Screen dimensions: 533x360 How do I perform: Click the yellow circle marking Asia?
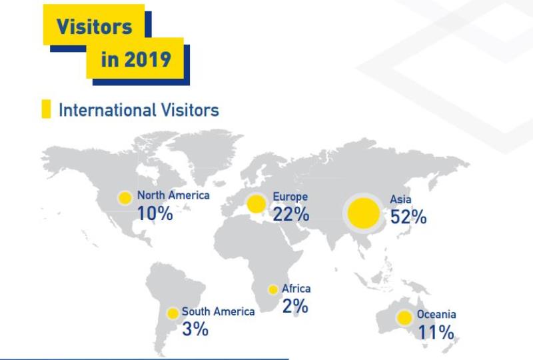(363, 213)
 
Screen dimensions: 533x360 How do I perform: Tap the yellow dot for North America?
(125, 198)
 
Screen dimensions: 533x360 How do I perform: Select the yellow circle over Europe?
(256, 204)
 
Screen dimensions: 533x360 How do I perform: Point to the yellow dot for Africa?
(273, 289)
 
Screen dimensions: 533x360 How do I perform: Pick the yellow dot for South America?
(173, 313)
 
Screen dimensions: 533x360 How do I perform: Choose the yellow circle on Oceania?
(404, 318)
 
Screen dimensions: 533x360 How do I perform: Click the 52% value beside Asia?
(408, 217)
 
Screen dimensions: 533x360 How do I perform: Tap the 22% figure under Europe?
(291, 214)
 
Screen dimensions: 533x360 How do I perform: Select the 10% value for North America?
(155, 213)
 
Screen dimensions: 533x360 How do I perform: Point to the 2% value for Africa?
(295, 305)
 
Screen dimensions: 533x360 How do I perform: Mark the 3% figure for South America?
(195, 329)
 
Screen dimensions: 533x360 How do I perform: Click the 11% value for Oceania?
(436, 332)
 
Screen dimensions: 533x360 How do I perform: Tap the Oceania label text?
(436, 314)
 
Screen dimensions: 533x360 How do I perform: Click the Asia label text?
(400, 199)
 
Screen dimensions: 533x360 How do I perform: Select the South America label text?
(219, 311)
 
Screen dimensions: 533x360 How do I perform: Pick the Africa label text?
(296, 289)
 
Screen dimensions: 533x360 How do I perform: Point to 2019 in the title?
(147, 59)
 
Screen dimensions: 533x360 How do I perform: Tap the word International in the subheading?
(107, 110)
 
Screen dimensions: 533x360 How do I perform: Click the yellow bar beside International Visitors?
(46, 109)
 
